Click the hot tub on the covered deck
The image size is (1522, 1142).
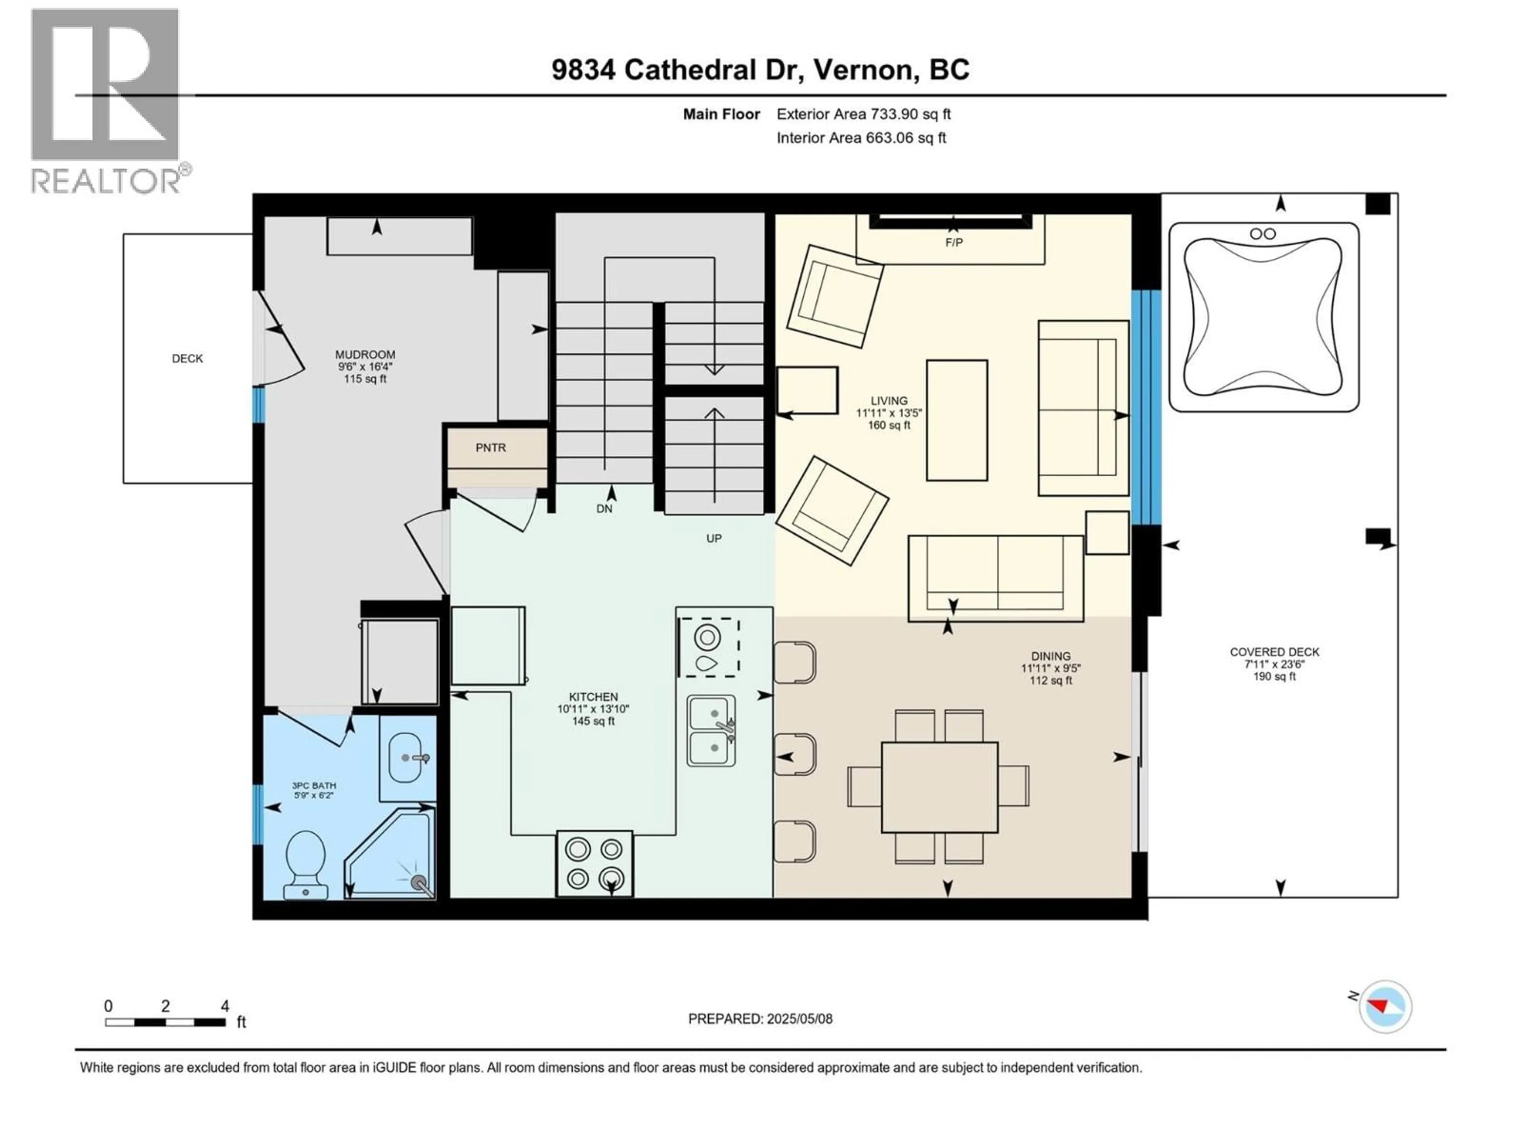click(1263, 317)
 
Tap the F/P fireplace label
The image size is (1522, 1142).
click(954, 242)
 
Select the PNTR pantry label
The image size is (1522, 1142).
click(491, 447)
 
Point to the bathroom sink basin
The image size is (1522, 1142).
click(406, 757)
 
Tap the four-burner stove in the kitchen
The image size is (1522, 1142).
click(595, 864)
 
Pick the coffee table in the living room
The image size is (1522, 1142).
click(956, 420)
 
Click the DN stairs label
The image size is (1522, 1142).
click(604, 509)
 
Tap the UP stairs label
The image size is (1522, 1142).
click(713, 538)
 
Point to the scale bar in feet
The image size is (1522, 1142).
click(165, 1022)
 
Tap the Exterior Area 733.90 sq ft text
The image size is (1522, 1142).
click(864, 114)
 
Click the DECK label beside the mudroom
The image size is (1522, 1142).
click(187, 358)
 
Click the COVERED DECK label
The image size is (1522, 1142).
click(1274, 652)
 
